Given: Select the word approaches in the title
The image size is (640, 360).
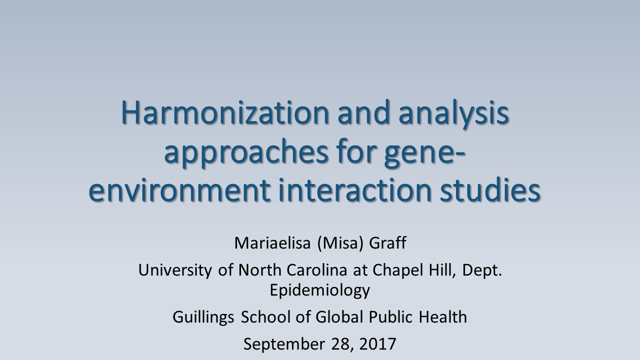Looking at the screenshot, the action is pos(246,154).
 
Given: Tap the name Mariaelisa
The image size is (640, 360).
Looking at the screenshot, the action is pos(272,243).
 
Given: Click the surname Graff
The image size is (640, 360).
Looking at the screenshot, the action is pos(387,243).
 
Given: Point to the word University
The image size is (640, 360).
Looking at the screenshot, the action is pos(175,270).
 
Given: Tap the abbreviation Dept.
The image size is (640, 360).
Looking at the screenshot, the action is pos(482,270).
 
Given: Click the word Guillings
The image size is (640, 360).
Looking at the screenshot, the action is pos(203,317).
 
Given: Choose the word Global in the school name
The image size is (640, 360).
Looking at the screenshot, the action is pos(339,317).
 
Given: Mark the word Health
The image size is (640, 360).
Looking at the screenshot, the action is pos(443,317).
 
